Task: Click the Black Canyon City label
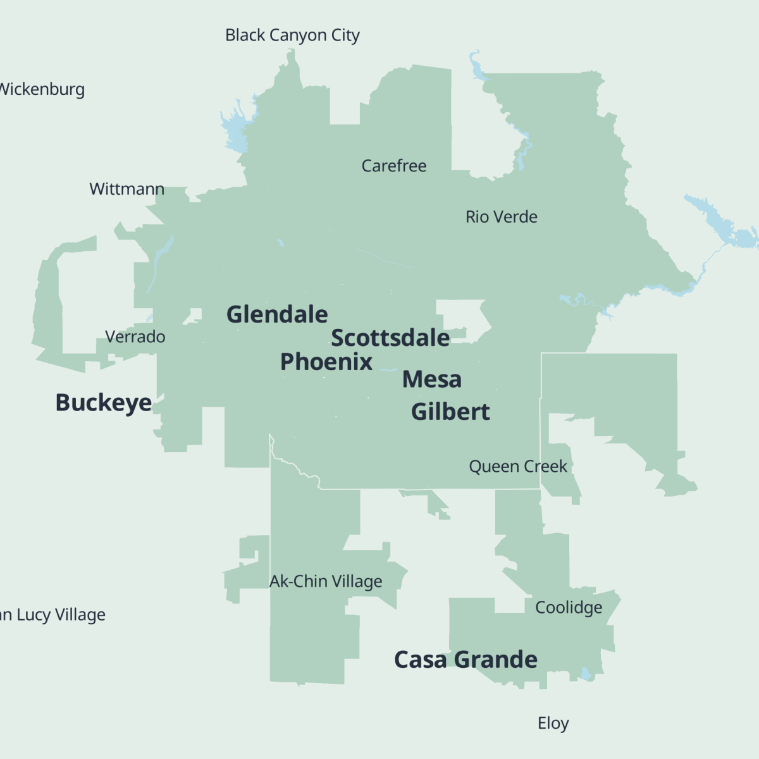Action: (x=292, y=35)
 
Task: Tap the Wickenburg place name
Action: (x=42, y=89)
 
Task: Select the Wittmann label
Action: (x=126, y=189)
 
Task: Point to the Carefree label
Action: (x=393, y=166)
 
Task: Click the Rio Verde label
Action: (x=501, y=217)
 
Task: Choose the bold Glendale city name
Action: (x=277, y=314)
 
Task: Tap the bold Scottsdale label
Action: (x=390, y=338)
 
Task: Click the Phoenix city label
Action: (x=326, y=362)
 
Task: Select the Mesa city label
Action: (x=432, y=379)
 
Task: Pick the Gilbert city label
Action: (x=450, y=412)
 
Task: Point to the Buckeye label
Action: (x=103, y=403)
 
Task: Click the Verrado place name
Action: (x=135, y=336)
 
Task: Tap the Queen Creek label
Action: (x=517, y=467)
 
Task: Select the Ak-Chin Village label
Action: (x=326, y=581)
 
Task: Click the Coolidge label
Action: (x=568, y=607)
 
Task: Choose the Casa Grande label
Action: (x=466, y=660)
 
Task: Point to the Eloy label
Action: (x=553, y=723)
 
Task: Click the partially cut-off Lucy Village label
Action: (x=53, y=615)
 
